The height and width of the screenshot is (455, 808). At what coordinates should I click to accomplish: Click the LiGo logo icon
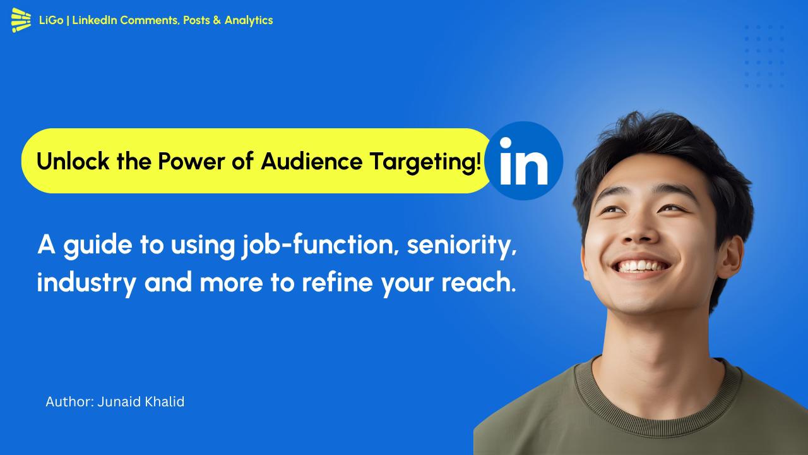coord(21,20)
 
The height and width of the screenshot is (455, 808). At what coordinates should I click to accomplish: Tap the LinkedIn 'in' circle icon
coord(523,161)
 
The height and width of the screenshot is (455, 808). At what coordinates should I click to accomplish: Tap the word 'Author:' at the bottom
coord(69,402)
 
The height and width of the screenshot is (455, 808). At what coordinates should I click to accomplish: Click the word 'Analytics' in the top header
coord(249,20)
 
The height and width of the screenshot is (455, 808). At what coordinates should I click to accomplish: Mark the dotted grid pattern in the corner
coord(764,57)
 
